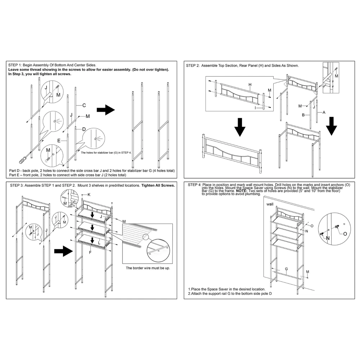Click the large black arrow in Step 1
(105, 110)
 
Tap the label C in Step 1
(84, 105)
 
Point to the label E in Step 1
(59, 140)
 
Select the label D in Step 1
(84, 129)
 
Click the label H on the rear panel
(250, 85)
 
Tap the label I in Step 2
(255, 108)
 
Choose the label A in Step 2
(324, 112)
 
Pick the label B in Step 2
(303, 115)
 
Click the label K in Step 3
(89, 195)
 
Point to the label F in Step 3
(90, 252)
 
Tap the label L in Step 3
(99, 243)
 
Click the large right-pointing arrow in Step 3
(63, 251)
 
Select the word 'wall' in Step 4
(270, 204)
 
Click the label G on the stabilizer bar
(286, 269)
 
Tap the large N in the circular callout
(328, 238)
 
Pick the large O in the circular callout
(345, 234)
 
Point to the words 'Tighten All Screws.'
(158, 185)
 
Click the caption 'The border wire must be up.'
(148, 268)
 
